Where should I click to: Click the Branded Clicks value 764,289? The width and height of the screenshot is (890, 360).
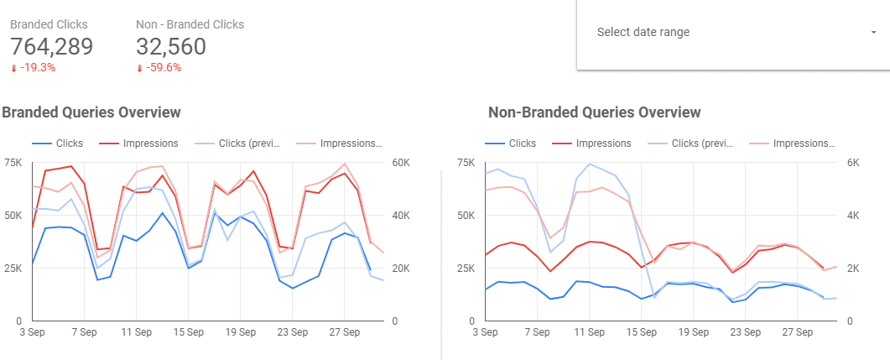click(x=52, y=47)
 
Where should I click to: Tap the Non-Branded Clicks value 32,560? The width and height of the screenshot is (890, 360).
click(x=171, y=47)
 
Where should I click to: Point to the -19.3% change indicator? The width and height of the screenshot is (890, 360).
click(x=34, y=68)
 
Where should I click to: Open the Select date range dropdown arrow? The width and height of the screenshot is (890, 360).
click(x=873, y=32)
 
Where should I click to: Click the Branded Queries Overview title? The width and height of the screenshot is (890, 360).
click(x=91, y=112)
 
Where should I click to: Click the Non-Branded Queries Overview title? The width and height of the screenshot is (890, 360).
click(x=594, y=112)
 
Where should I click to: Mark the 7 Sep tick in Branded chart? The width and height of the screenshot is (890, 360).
click(x=85, y=333)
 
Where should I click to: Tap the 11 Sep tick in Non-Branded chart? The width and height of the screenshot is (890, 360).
click(x=590, y=333)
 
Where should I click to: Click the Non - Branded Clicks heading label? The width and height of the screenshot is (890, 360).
click(x=190, y=24)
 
